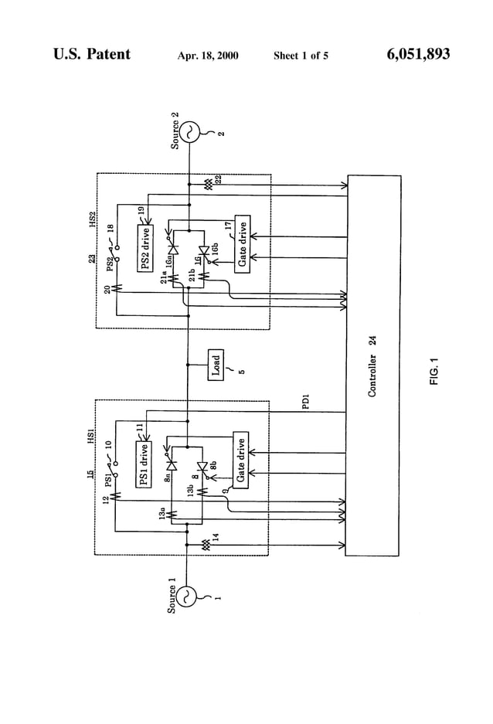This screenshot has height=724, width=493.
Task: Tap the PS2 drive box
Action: coord(145,249)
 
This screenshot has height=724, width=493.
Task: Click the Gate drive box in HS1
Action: coord(241,461)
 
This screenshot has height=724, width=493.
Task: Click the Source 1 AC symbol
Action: coord(187,597)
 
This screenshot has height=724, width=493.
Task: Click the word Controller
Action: coord(372,376)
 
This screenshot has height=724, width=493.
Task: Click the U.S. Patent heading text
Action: coord(92,54)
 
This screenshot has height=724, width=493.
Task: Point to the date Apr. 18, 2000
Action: coord(208,56)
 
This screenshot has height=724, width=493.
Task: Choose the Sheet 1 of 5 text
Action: coord(301,56)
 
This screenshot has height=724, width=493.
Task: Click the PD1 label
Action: coord(306,403)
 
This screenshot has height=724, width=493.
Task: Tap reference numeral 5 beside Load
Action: coord(241,370)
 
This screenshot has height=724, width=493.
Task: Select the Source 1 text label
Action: coord(172,597)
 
